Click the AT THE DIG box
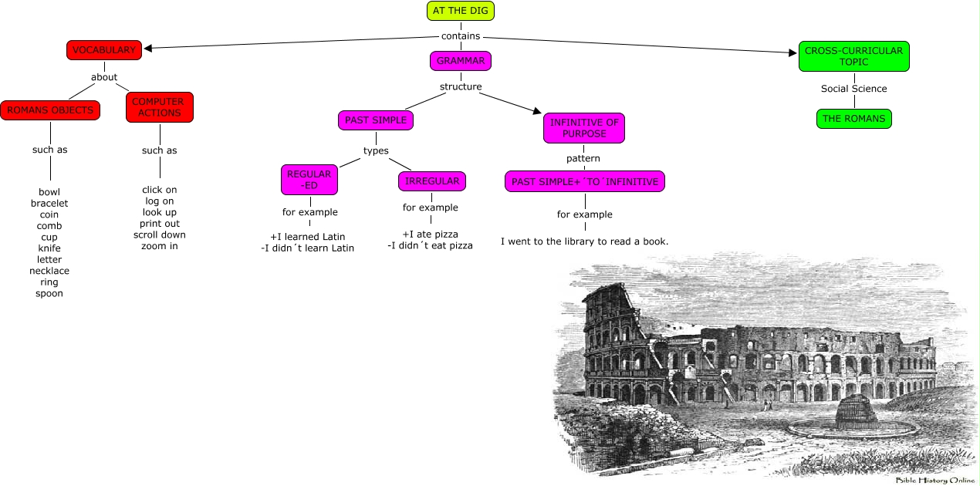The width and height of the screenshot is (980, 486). point(460,11)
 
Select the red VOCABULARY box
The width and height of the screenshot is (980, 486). point(104,50)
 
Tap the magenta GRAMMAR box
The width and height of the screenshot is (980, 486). point(460,60)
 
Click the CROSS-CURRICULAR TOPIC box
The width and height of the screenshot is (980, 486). point(853,56)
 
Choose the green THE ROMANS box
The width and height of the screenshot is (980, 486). point(853,119)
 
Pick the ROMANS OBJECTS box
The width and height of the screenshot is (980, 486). point(50,110)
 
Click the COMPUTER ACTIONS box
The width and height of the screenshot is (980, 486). point(159,107)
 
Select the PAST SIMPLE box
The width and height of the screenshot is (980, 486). point(375,120)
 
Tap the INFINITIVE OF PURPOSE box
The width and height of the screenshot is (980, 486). point(583,127)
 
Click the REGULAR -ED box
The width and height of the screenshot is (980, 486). point(309,180)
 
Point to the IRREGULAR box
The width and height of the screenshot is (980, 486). point(432,181)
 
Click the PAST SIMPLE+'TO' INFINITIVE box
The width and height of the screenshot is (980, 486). point(584,182)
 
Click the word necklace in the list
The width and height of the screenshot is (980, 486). point(49,271)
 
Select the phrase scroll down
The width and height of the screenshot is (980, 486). point(159,235)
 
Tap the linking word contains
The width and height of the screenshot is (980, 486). point(461,35)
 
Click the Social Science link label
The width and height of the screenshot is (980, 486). point(853,89)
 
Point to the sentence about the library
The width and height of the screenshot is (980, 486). point(584,241)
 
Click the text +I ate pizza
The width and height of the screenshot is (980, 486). point(430,234)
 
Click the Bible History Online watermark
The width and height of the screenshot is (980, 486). point(934,480)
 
